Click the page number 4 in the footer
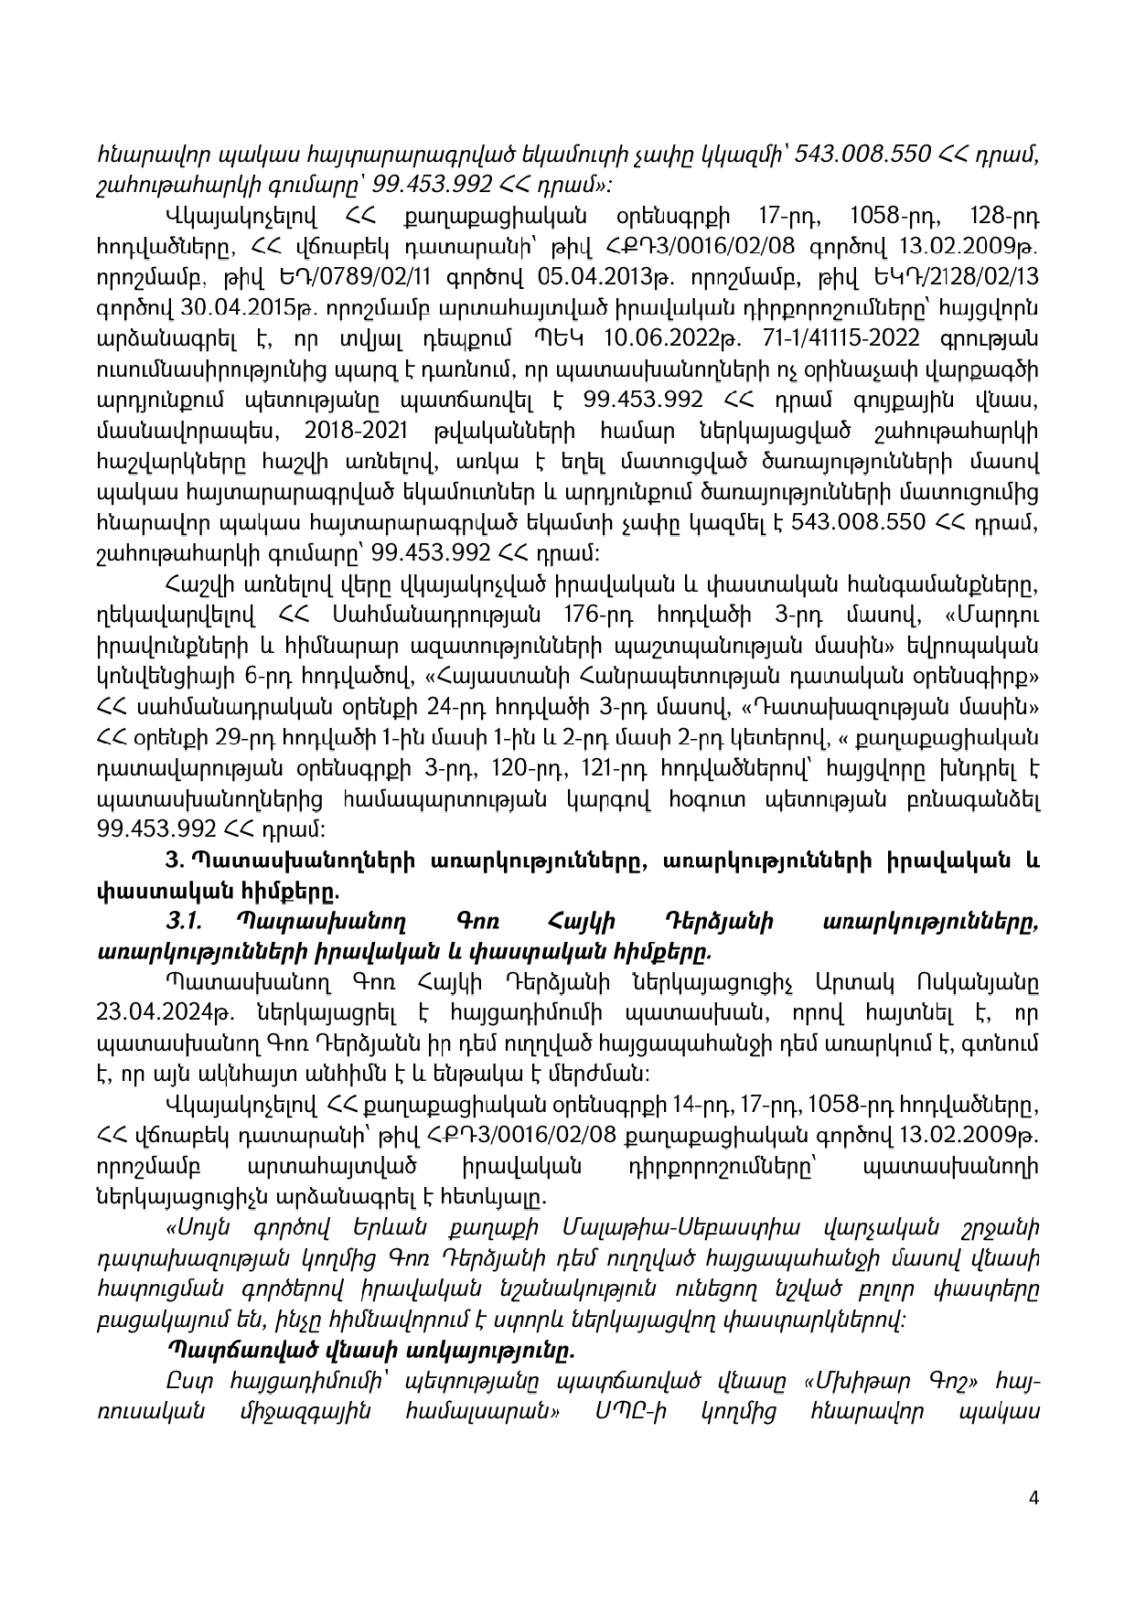click(1033, 1524)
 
